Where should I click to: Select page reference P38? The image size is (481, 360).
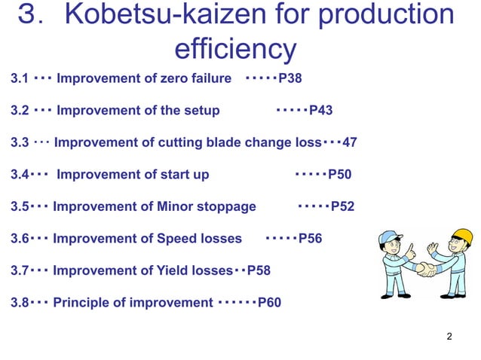tap(290, 78)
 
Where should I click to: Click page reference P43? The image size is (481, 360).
tap(320, 111)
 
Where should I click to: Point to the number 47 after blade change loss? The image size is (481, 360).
tap(350, 142)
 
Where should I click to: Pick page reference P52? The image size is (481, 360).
tap(342, 206)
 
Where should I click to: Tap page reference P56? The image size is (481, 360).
tap(310, 239)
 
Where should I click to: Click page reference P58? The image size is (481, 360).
tap(259, 270)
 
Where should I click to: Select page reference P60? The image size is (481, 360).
tap(269, 303)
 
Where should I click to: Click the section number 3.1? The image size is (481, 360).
tap(20, 78)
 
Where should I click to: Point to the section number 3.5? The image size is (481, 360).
tap(20, 206)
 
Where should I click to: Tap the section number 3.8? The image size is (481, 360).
tap(20, 303)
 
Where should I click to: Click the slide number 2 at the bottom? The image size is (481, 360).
tap(449, 336)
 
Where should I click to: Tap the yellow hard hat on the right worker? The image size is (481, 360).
tap(461, 236)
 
